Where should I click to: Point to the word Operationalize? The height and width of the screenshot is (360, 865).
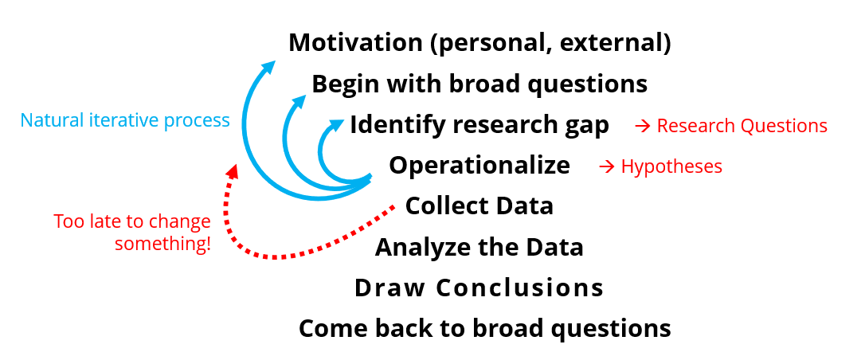479,166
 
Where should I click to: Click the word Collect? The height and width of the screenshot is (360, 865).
447,205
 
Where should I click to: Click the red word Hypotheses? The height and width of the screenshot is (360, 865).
671,166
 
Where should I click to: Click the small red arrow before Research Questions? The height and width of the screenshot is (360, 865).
643,127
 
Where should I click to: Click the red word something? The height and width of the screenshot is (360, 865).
163,244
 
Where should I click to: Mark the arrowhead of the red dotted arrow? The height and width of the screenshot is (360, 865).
233,170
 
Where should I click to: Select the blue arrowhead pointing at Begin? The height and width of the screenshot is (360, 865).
299,101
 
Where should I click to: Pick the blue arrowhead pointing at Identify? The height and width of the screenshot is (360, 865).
336,125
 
